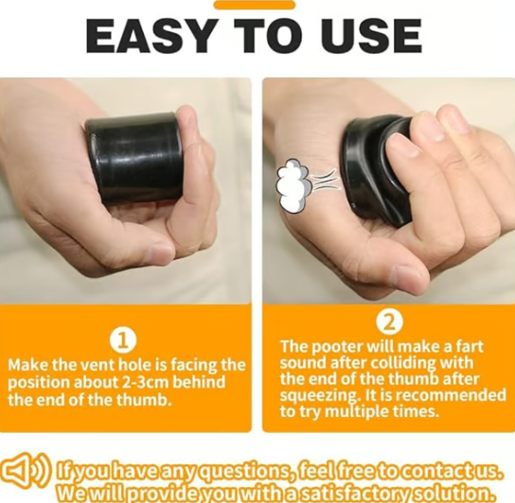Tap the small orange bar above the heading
(x=254, y=5)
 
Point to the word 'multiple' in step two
(x=363, y=411)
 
